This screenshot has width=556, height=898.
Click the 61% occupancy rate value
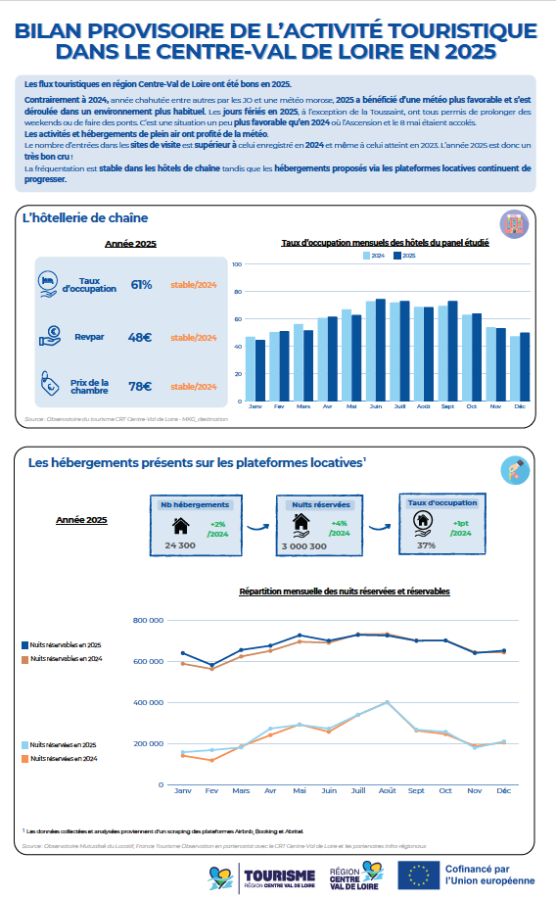tap(141, 285)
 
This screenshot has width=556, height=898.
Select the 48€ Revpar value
tap(141, 337)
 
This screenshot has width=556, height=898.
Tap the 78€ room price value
tap(141, 386)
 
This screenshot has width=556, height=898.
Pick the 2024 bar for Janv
tap(250, 366)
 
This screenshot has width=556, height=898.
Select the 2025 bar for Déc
tap(525, 364)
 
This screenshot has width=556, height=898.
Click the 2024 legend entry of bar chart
tap(375, 254)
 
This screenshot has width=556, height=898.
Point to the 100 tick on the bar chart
tap(236, 263)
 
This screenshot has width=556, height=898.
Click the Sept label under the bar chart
tap(447, 404)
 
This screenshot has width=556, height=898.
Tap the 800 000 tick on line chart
tap(147, 620)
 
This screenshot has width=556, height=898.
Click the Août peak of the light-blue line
tap(388, 702)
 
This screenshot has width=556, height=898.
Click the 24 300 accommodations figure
tap(181, 544)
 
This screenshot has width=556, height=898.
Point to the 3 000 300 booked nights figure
tap(304, 544)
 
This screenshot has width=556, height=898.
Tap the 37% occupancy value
tap(426, 544)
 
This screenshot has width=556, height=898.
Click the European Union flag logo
tap(418, 874)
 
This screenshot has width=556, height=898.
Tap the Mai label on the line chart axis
tap(300, 789)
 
